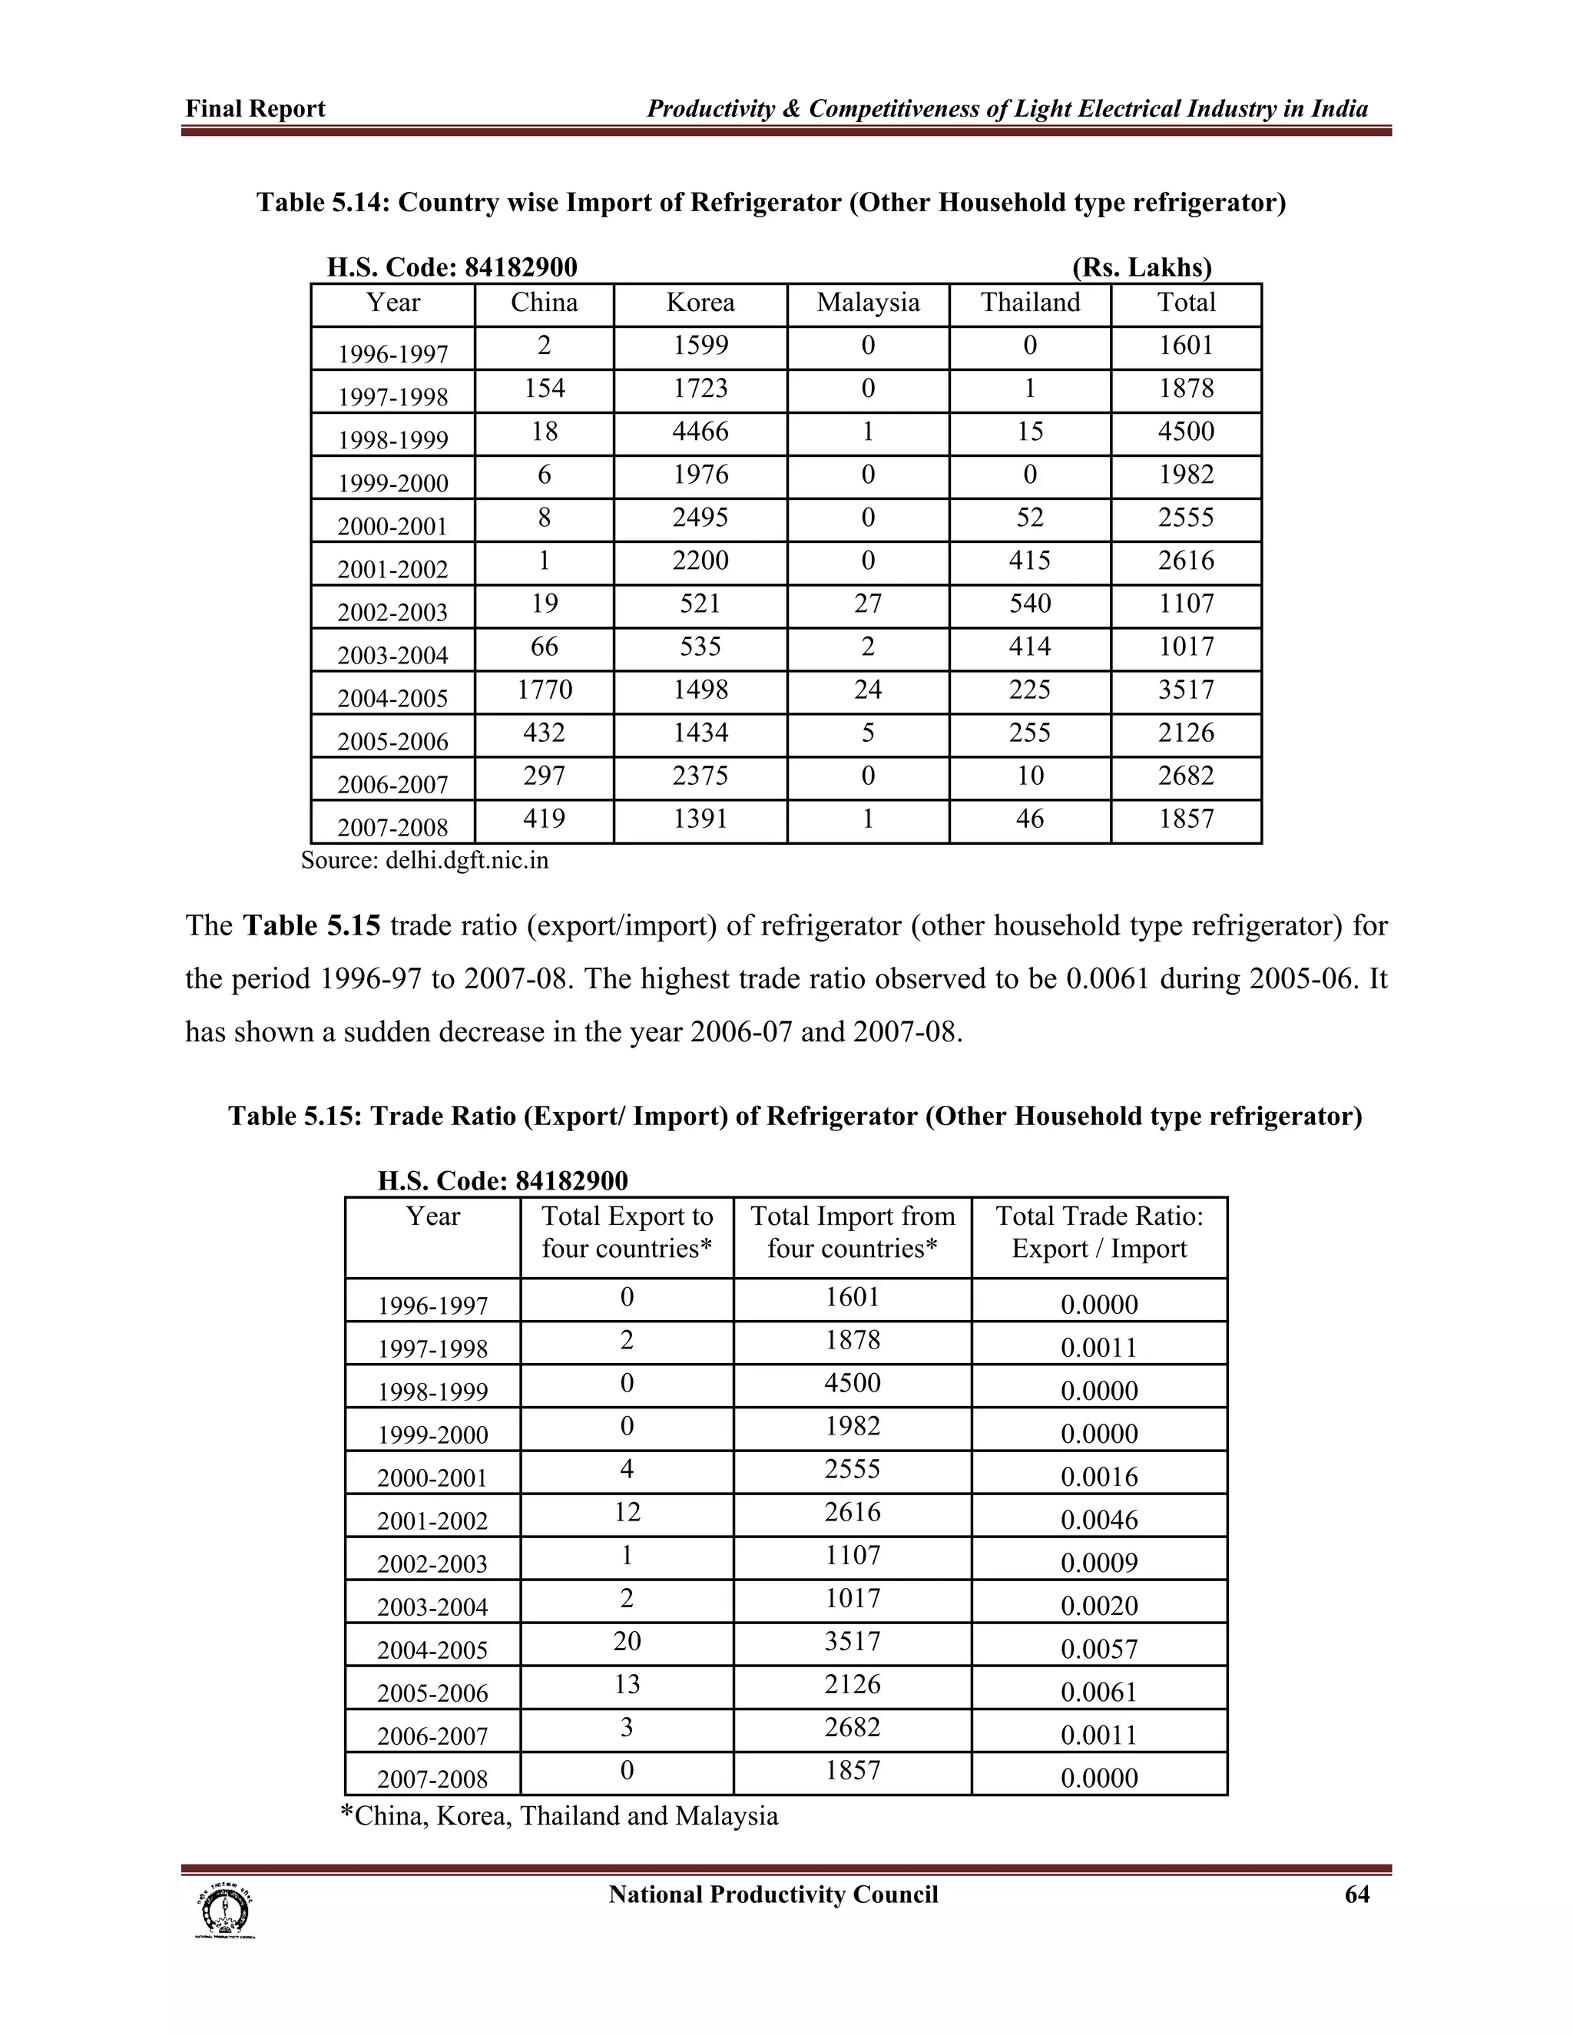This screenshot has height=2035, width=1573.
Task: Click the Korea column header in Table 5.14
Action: click(x=700, y=303)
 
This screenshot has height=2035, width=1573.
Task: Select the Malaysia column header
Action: click(x=868, y=303)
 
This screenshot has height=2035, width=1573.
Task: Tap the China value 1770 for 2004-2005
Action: click(x=545, y=690)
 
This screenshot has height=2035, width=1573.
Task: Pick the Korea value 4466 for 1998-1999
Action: click(x=700, y=432)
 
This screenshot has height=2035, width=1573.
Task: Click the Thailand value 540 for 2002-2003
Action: click(x=1030, y=604)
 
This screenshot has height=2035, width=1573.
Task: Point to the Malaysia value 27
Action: click(x=868, y=604)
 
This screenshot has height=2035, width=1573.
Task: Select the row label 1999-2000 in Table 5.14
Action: click(x=392, y=484)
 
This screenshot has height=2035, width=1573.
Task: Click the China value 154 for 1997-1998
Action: click(x=545, y=389)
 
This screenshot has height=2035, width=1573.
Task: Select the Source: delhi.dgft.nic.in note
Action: click(x=425, y=861)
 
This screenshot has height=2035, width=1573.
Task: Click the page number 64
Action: click(x=1357, y=1895)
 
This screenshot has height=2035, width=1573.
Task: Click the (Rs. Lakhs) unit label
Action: click(x=1141, y=268)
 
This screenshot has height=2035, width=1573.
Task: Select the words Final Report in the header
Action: click(x=255, y=109)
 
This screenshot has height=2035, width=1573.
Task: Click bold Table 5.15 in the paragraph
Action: click(x=311, y=926)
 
